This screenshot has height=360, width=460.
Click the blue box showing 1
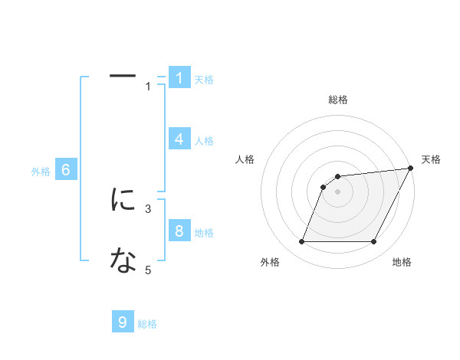click(x=179, y=77)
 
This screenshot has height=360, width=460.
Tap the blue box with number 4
click(x=179, y=139)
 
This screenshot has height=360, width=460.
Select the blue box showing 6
click(x=67, y=170)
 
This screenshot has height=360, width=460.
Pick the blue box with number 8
click(x=179, y=231)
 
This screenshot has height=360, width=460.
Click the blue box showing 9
click(x=123, y=322)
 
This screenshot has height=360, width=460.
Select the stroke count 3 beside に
click(x=149, y=208)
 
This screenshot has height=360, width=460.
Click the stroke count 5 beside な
click(x=149, y=270)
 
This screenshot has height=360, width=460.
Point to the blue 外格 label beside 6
click(x=41, y=172)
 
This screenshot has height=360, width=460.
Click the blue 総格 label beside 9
click(x=147, y=324)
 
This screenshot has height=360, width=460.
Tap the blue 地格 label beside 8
click(x=204, y=233)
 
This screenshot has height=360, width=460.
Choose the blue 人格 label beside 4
click(x=204, y=141)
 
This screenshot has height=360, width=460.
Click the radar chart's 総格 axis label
click(x=337, y=100)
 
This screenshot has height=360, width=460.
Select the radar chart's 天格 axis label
click(x=431, y=159)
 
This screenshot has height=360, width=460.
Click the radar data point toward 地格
click(x=373, y=241)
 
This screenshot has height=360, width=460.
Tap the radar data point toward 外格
click(x=301, y=241)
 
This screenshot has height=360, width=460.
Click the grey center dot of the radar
click(x=337, y=191)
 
